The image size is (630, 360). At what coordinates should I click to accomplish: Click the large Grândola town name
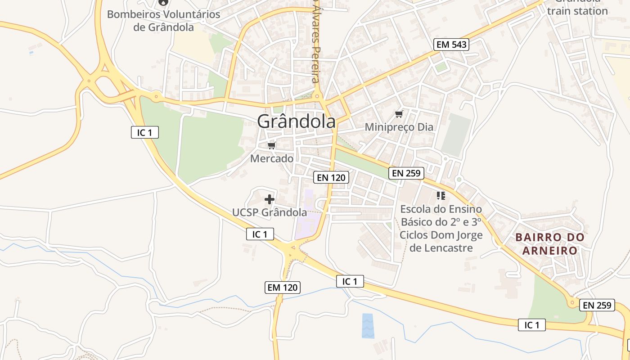[297, 121]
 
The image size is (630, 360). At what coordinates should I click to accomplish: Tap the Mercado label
[272, 158]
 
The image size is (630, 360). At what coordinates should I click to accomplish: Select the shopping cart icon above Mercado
[271, 145]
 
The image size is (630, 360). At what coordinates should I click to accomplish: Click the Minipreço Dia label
[399, 127]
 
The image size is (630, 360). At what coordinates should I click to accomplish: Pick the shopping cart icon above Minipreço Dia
[399, 114]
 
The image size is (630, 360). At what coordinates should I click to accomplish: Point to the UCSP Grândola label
[270, 212]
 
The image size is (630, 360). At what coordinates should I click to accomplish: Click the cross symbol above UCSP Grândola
[270, 199]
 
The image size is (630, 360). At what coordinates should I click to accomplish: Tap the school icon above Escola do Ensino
[441, 195]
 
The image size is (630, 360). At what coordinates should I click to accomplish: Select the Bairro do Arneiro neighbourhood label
[550, 243]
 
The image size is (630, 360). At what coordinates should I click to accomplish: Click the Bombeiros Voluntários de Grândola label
[164, 21]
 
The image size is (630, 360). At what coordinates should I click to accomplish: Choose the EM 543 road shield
[451, 44]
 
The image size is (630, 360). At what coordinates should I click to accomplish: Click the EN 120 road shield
[331, 177]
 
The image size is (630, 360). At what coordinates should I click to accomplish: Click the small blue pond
[368, 325]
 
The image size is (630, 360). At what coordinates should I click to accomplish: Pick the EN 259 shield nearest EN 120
[406, 173]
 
